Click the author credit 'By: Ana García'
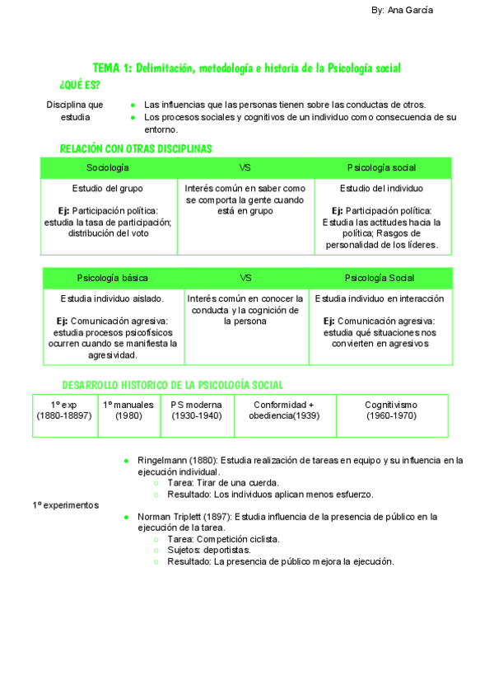click(403, 10)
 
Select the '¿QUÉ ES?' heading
click(80, 86)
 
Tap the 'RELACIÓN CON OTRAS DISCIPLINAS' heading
click(136, 148)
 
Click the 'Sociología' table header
click(108, 167)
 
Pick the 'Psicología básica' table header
click(113, 278)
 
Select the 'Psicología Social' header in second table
click(380, 278)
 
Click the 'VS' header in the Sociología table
click(245, 167)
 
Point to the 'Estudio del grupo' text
click(108, 188)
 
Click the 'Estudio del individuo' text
click(381, 188)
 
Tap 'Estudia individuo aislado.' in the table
click(112, 298)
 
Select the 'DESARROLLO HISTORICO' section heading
click(173, 385)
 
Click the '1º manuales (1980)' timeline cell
click(128, 410)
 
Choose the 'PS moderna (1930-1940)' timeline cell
click(197, 410)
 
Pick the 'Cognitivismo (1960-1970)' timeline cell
click(391, 410)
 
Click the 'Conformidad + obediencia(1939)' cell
click(284, 410)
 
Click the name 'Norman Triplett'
click(171, 517)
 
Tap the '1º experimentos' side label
click(65, 504)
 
